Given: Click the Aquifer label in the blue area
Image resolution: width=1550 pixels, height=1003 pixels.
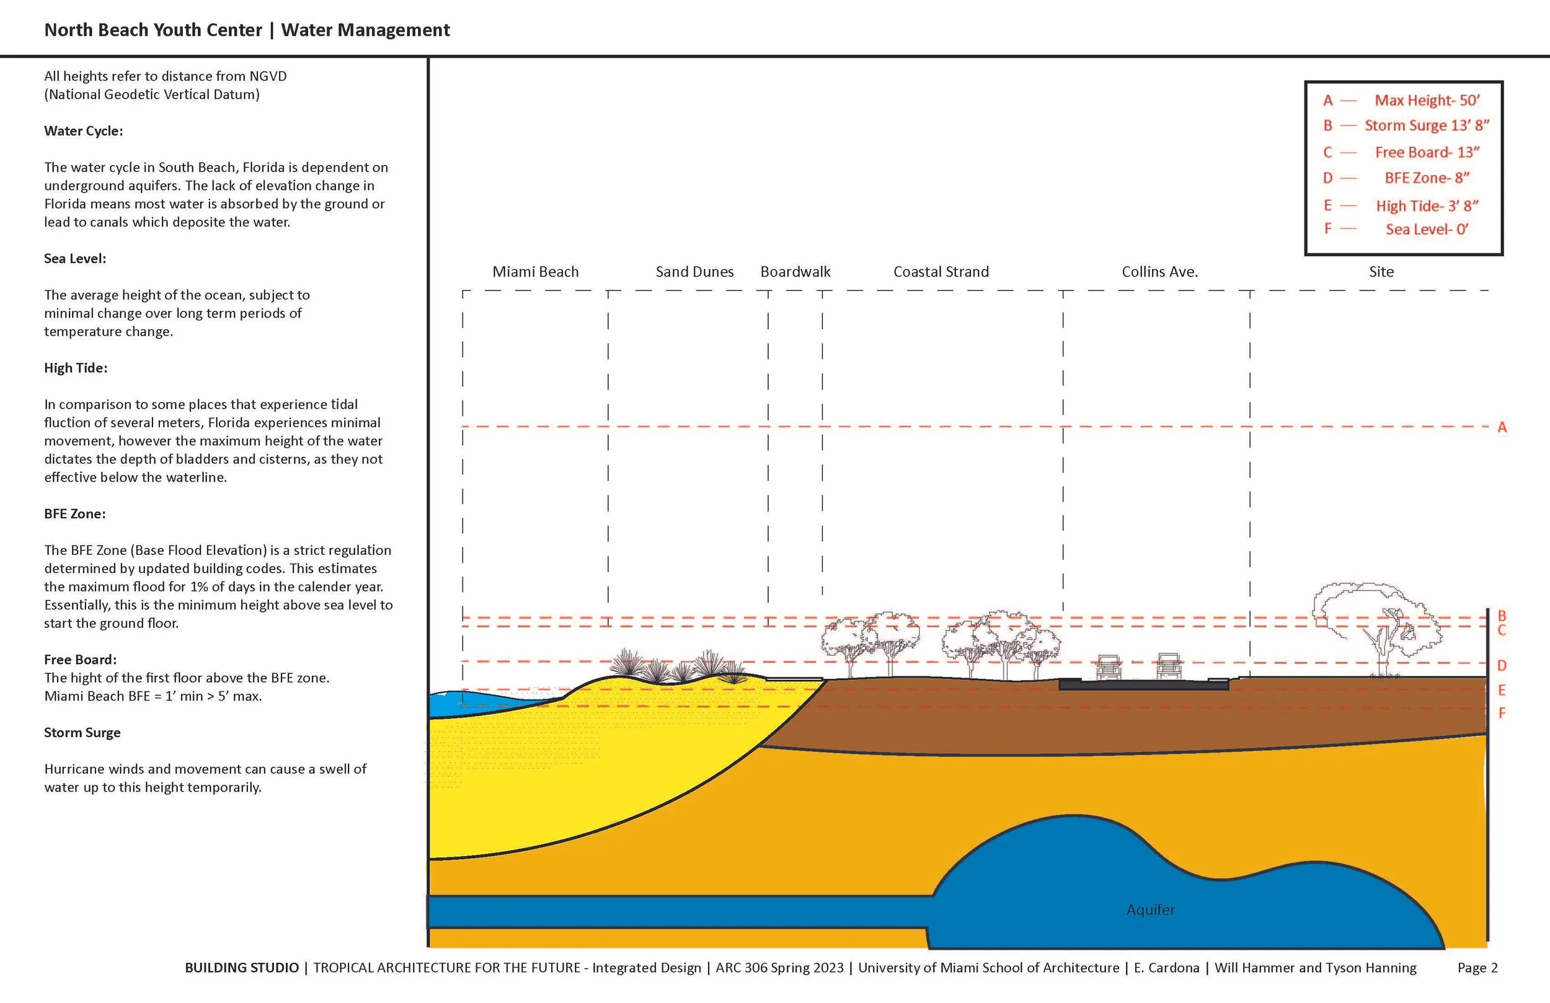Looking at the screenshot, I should (x=1151, y=910).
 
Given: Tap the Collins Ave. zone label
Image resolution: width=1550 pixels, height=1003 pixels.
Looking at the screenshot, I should (x=1159, y=272).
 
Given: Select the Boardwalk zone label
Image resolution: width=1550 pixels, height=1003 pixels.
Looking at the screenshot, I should (x=795, y=272).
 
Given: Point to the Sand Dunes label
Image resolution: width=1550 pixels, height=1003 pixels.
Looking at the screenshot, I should (x=694, y=272).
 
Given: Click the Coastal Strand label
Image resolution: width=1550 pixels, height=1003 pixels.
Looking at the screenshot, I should (x=941, y=272).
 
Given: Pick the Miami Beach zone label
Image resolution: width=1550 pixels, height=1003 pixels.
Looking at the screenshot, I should (x=535, y=272).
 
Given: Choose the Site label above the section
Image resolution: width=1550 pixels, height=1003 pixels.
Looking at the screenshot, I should (x=1381, y=272).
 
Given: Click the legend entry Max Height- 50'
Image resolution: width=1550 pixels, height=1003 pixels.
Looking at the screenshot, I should (x=1427, y=100).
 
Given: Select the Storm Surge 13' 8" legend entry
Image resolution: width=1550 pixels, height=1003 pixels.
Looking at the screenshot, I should (x=1427, y=125).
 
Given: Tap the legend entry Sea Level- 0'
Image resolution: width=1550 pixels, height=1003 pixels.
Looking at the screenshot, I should (x=1427, y=229).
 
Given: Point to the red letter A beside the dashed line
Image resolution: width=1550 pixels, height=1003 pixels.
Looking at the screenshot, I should (x=1502, y=427).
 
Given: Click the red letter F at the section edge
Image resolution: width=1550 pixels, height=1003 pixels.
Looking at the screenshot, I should (x=1502, y=713).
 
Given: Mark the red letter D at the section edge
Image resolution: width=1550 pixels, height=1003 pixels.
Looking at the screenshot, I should (x=1502, y=666).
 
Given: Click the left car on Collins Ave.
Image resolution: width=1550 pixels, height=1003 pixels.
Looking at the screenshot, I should (x=1109, y=667).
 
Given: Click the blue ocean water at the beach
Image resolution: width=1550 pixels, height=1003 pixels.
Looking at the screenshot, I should (x=469, y=704).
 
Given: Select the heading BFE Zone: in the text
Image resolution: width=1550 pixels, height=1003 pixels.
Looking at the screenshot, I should (x=75, y=514).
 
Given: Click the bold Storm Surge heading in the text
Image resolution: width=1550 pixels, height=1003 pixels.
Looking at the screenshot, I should (x=82, y=733).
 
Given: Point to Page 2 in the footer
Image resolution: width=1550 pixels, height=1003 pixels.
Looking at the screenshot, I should (x=1477, y=968).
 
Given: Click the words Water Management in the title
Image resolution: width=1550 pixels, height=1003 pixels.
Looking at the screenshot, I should (x=365, y=30).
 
